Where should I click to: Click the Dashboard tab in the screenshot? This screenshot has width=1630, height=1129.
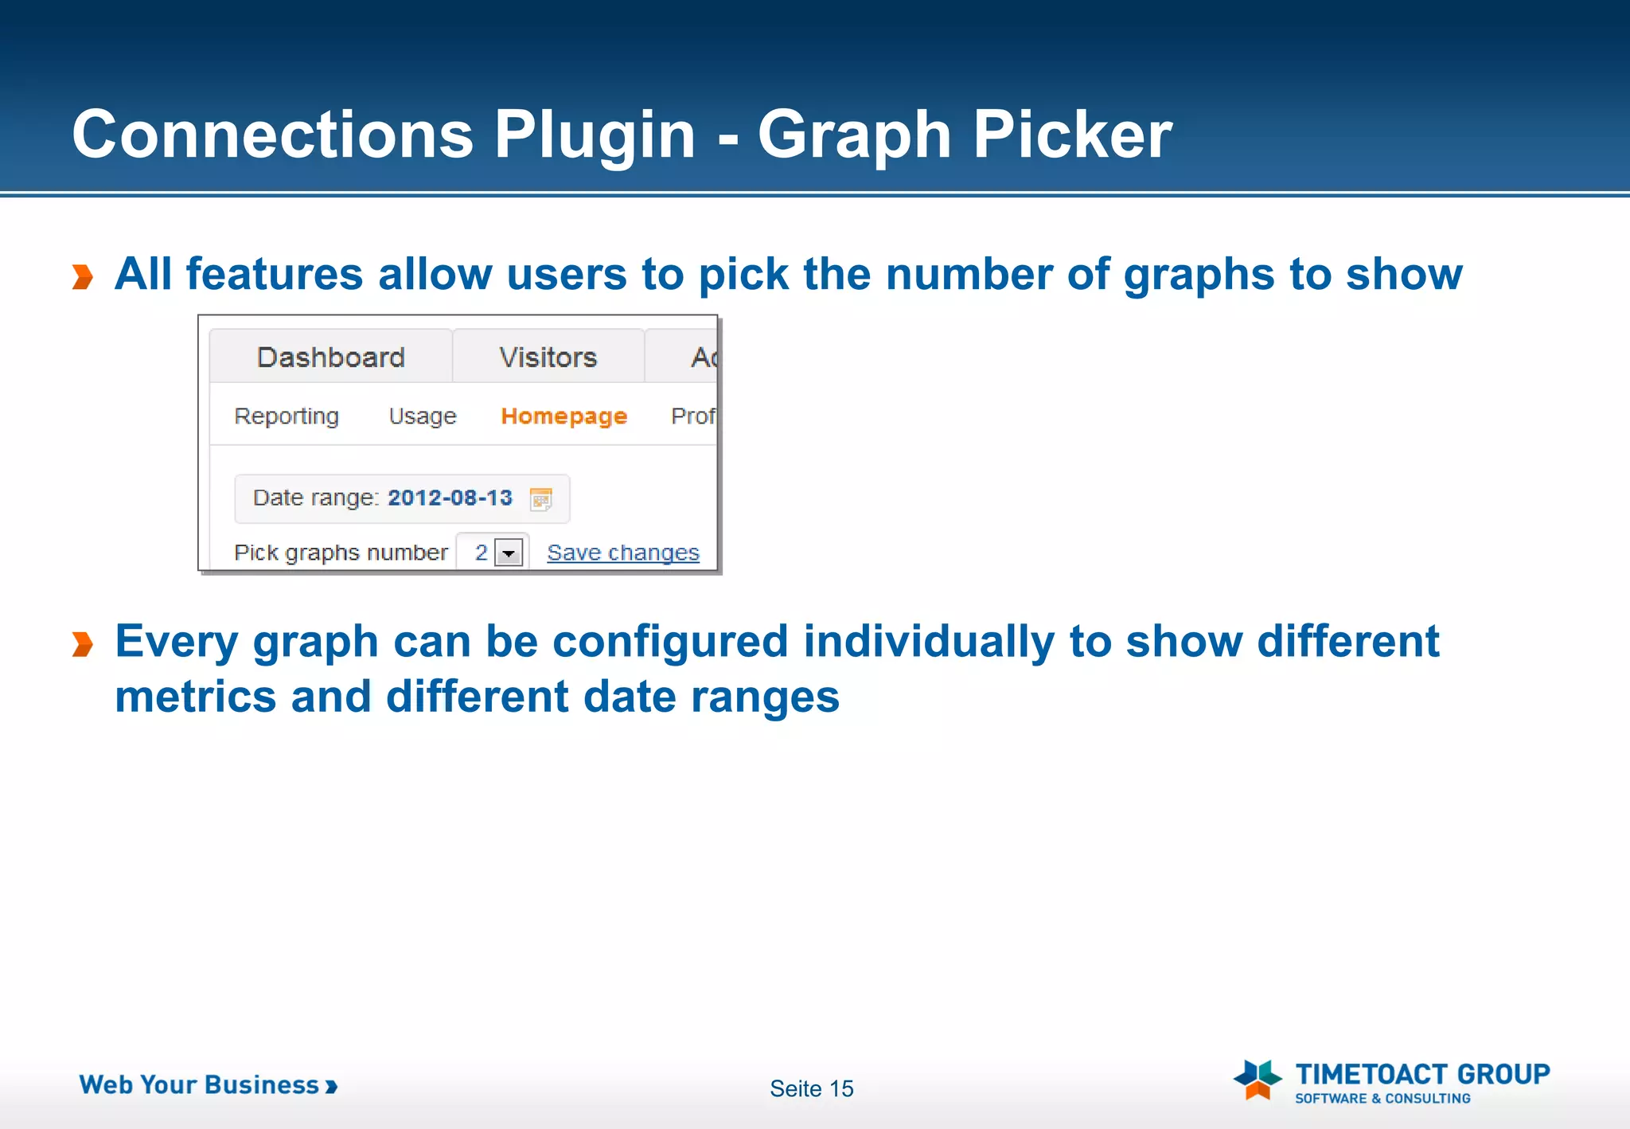(x=330, y=357)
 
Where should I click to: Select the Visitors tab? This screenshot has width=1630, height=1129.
(x=548, y=357)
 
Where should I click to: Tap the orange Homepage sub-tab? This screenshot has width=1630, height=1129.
(x=563, y=416)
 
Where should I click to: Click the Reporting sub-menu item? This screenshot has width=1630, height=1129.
(x=287, y=416)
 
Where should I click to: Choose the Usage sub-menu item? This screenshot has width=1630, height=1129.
(x=423, y=416)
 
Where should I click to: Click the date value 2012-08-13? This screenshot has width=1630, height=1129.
(x=450, y=498)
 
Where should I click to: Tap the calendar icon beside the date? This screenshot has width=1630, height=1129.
(x=541, y=499)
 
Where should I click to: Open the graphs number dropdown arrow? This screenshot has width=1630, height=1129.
(x=509, y=553)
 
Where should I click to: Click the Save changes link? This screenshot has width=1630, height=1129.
(x=622, y=553)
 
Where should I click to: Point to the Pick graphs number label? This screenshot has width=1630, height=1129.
(x=341, y=553)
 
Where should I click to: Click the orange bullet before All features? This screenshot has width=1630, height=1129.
(x=83, y=277)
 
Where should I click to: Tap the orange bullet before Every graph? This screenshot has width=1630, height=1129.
(x=83, y=644)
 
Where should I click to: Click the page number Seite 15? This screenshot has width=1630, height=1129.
(x=811, y=1088)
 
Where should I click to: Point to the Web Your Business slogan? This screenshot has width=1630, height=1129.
(x=207, y=1085)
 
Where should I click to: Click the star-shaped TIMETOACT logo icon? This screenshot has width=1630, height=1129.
(x=1257, y=1080)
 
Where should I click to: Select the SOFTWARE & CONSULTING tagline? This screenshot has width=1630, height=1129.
(x=1382, y=1099)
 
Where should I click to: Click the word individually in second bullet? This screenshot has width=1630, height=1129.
(x=928, y=642)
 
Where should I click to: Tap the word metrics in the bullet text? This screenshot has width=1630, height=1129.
(x=196, y=697)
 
